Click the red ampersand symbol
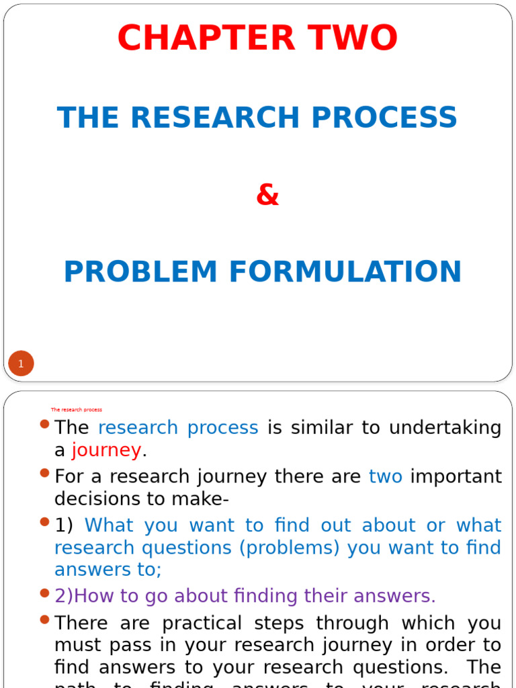tap(267, 196)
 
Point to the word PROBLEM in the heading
tap(140, 271)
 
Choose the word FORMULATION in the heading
tap(345, 271)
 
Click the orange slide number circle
tap(21, 364)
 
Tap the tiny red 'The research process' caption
tap(77, 409)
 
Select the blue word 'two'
tap(386, 477)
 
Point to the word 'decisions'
tap(97, 500)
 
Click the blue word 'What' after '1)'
tap(109, 525)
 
